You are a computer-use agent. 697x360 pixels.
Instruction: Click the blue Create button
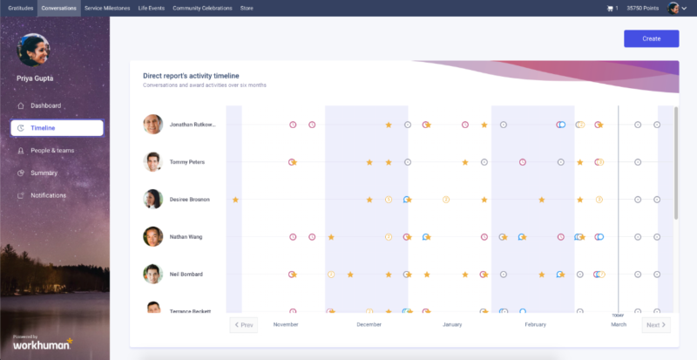pyautogui.click(x=651, y=38)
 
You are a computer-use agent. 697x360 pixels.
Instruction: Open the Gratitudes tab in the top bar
pyautogui.click(x=18, y=8)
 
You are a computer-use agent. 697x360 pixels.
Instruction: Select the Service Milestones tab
pyautogui.click(x=107, y=8)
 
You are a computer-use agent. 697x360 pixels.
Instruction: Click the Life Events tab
pyautogui.click(x=152, y=8)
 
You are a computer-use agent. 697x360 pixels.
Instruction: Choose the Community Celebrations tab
pyautogui.click(x=202, y=8)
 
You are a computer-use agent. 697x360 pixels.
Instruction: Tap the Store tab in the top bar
pyautogui.click(x=247, y=8)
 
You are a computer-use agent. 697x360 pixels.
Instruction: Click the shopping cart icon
pyautogui.click(x=610, y=8)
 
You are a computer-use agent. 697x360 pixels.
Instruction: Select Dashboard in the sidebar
pyautogui.click(x=45, y=105)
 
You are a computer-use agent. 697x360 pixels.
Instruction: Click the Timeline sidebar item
pyautogui.click(x=43, y=128)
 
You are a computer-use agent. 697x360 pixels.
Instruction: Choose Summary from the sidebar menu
pyautogui.click(x=44, y=173)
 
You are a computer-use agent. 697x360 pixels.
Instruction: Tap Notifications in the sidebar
pyautogui.click(x=48, y=195)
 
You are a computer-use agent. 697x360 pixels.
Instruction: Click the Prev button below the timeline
pyautogui.click(x=243, y=325)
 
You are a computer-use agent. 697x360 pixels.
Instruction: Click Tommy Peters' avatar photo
pyautogui.click(x=153, y=162)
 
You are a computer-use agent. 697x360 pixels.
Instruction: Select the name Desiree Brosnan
pyautogui.click(x=189, y=200)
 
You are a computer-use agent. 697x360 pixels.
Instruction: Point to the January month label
pyautogui.click(x=451, y=325)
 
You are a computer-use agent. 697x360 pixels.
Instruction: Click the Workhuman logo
pyautogui.click(x=41, y=345)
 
